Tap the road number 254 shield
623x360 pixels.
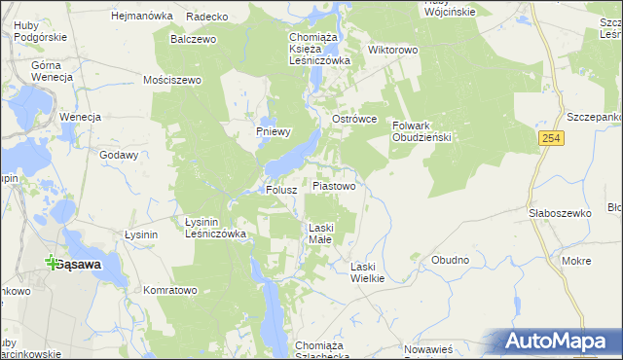(x=552, y=140)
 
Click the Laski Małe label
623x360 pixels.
(x=322, y=234)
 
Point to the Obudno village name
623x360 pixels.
(x=450, y=260)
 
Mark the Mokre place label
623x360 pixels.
(x=576, y=261)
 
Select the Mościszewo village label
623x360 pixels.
(x=171, y=80)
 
